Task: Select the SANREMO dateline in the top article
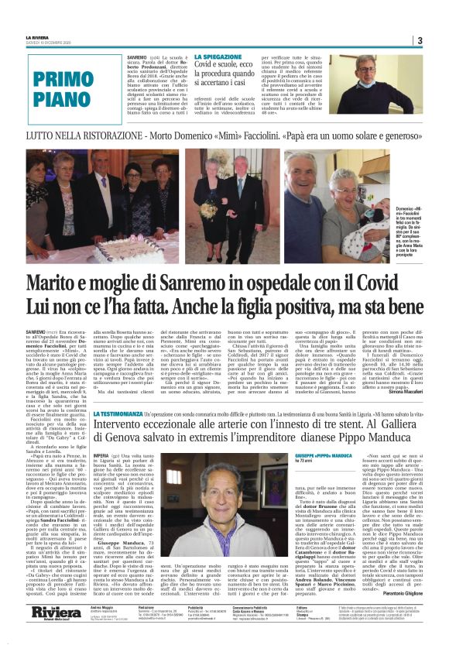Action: pyautogui.click(x=137, y=57)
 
